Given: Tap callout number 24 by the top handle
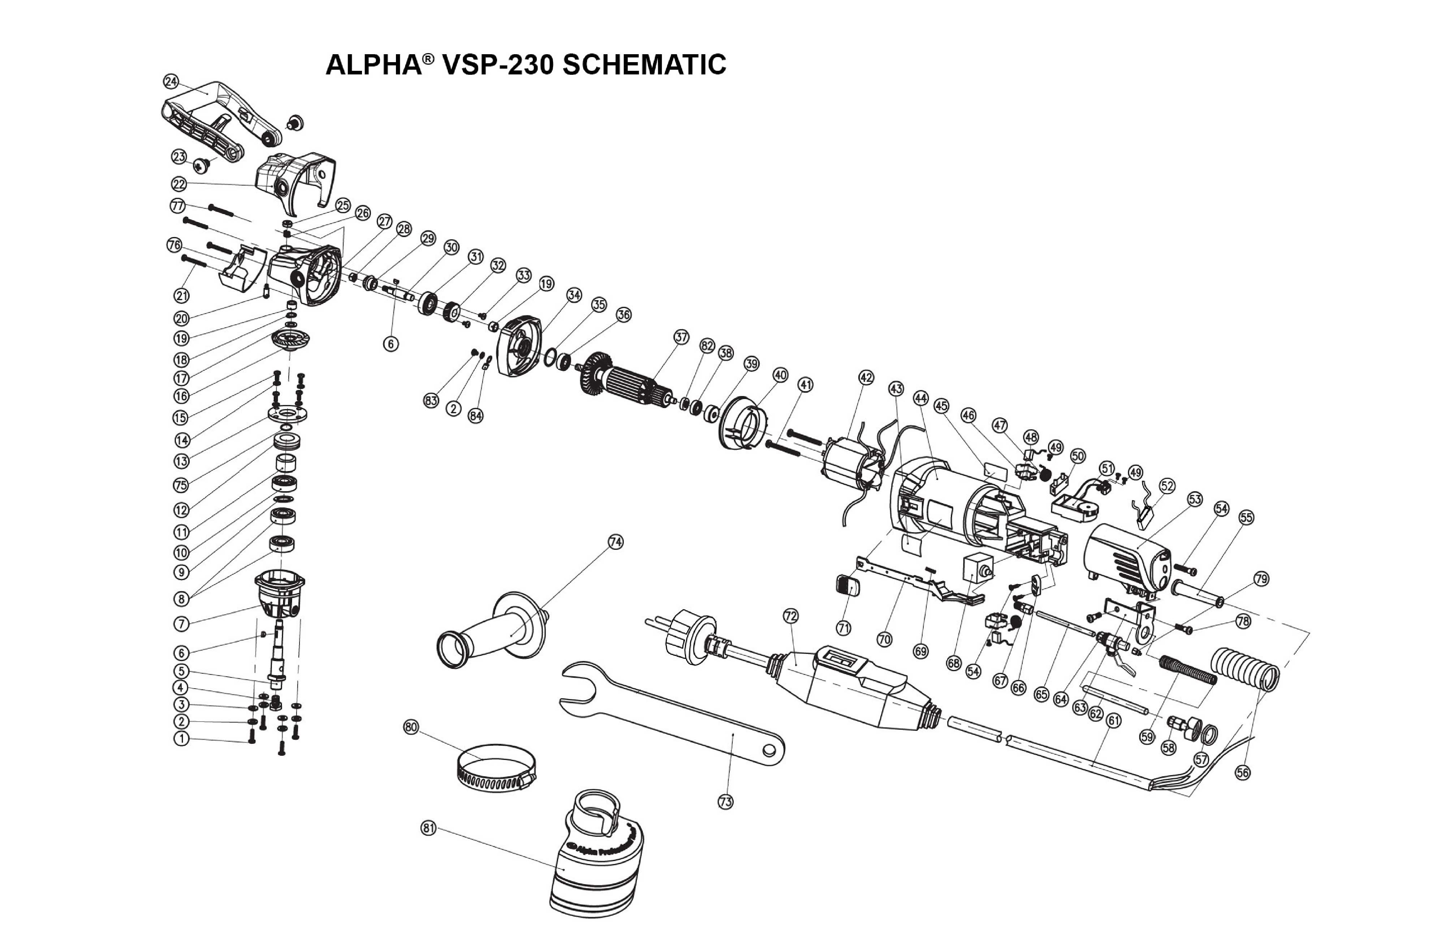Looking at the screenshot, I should (171, 81).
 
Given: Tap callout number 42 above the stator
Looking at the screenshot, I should (866, 377).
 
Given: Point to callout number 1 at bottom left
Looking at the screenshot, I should (181, 739).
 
